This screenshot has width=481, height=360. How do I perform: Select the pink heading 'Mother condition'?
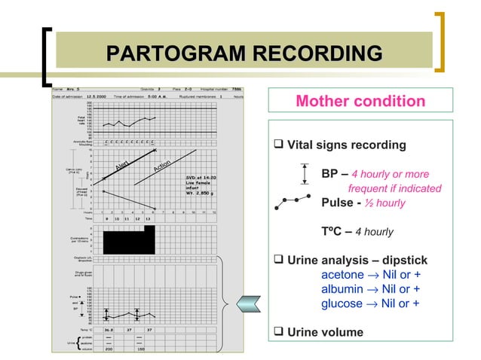[x=360, y=101]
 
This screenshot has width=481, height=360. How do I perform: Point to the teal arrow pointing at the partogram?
[x=249, y=303]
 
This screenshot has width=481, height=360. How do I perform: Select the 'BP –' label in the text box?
[x=335, y=174]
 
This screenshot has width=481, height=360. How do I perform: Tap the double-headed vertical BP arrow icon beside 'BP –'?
[x=304, y=174]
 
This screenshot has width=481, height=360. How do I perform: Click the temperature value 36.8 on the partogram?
[x=109, y=329]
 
